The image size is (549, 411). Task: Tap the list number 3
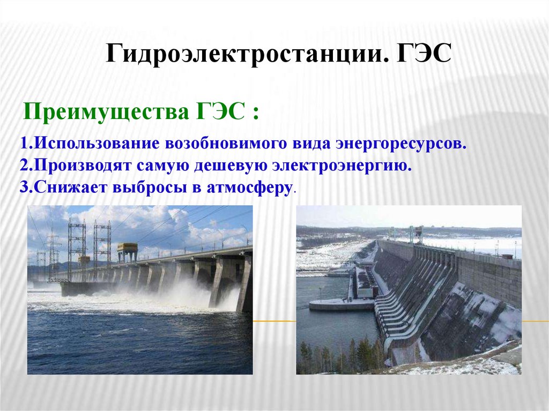(x=24, y=189)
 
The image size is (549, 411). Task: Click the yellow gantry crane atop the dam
(x=127, y=251)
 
